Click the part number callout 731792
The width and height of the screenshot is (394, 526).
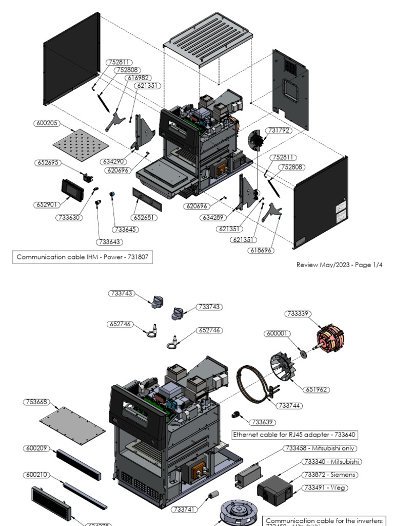click(x=278, y=130)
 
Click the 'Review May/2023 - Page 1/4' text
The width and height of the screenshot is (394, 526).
click(x=339, y=265)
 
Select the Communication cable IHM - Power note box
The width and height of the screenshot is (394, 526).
click(x=83, y=257)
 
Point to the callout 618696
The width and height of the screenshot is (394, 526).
click(x=262, y=250)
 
